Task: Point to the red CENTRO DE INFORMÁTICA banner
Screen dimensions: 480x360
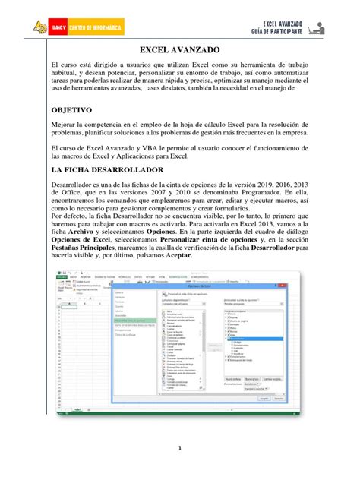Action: click(92, 29)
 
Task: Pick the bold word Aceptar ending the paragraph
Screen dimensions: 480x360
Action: click(177, 255)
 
